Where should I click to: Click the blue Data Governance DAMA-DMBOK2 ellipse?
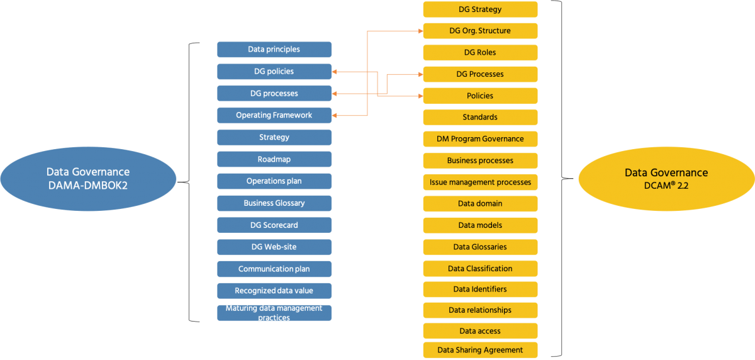(88, 179)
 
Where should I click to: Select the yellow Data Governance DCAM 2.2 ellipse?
(666, 179)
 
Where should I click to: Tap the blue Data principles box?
(274, 50)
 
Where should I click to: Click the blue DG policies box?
(274, 72)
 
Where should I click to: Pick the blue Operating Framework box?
(274, 115)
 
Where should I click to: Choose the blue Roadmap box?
(274, 159)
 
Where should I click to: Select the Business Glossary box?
(274, 203)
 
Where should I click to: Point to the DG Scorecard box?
(274, 225)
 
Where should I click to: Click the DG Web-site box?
(274, 247)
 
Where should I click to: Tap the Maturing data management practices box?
(274, 313)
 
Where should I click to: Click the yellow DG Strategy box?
(480, 9)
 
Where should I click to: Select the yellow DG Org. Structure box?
(480, 31)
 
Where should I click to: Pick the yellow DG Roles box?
(480, 52)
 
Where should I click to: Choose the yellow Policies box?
(480, 96)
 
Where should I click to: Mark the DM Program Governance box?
(480, 138)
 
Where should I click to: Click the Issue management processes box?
(480, 182)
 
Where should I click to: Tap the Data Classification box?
(480, 268)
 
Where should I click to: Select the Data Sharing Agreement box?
(480, 350)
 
